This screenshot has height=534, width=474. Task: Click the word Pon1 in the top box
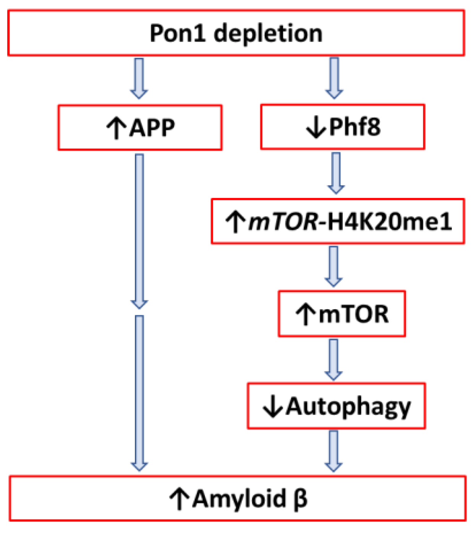coord(178,33)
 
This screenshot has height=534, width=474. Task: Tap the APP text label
coord(152,128)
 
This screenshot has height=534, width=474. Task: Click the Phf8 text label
coord(354,127)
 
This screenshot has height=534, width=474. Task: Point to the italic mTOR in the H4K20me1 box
coord(283,221)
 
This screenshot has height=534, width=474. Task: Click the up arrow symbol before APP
coord(116,128)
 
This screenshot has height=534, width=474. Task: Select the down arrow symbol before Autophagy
coord(273,407)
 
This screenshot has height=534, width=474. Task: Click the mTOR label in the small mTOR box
coord(353,314)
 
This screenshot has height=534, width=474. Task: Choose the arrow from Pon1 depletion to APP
coord(139,79)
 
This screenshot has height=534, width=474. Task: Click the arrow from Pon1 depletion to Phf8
coord(334,78)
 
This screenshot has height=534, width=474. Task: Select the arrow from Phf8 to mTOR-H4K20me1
coord(336,173)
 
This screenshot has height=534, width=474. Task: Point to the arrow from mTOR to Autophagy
coord(333,359)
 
